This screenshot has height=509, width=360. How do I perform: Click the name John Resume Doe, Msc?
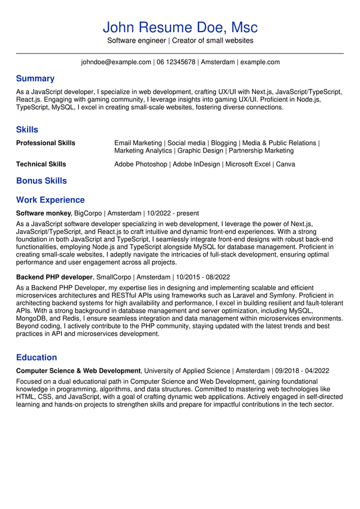(x=180, y=27)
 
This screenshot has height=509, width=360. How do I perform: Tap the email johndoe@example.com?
(x=116, y=62)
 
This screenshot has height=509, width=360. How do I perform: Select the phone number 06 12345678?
(x=176, y=62)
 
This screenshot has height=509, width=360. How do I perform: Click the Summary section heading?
(x=35, y=79)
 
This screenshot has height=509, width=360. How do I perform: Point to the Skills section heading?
(x=27, y=130)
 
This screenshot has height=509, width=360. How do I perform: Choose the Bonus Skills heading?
(x=41, y=181)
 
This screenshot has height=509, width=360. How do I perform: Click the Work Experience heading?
(x=50, y=200)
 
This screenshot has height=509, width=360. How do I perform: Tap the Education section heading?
(x=36, y=358)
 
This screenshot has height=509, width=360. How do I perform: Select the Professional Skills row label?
(x=46, y=143)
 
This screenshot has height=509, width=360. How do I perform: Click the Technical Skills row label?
(x=41, y=164)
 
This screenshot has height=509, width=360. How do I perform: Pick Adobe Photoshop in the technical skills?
(x=141, y=164)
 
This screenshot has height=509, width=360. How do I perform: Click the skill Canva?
(x=285, y=164)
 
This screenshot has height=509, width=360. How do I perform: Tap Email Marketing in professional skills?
(x=138, y=143)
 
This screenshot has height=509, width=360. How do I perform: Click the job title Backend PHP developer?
(x=54, y=277)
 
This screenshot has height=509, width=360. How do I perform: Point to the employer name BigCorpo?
(x=88, y=214)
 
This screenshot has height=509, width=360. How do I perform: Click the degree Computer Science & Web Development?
(x=78, y=371)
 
